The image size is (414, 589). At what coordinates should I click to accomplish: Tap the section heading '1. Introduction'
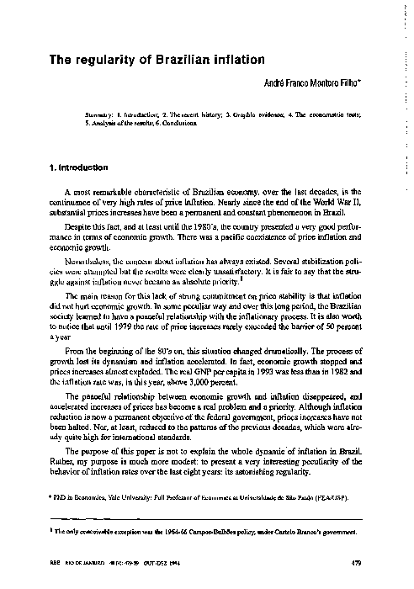pyautogui.click(x=82, y=167)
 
